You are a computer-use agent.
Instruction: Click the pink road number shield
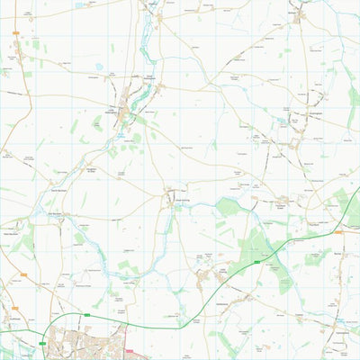pyautogui.click(x=129, y=352)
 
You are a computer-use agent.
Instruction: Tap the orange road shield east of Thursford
pyautogui.click(x=339, y=231)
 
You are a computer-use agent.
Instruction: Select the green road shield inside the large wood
pyautogui.click(x=256, y=262)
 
